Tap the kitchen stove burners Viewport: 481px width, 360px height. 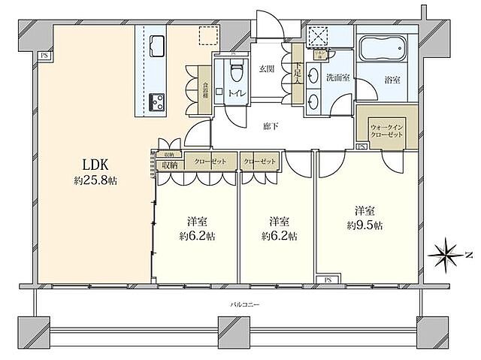tap(157, 100)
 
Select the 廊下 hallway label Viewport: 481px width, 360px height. tap(271, 126)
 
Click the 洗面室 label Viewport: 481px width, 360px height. tap(334, 77)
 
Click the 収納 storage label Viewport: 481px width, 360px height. tap(169, 165)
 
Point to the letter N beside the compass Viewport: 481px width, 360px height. tap(468, 256)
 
